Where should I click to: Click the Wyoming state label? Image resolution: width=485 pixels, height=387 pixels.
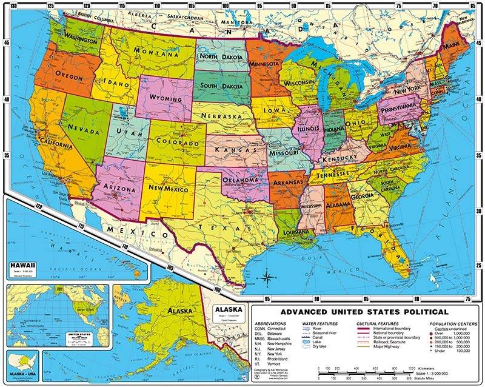coord(165,98)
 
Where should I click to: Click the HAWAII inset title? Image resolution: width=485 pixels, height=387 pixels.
coord(21,265)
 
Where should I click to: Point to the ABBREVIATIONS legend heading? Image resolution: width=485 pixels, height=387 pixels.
coord(271,325)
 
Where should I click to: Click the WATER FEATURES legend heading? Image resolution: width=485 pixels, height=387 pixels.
coord(321,325)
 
